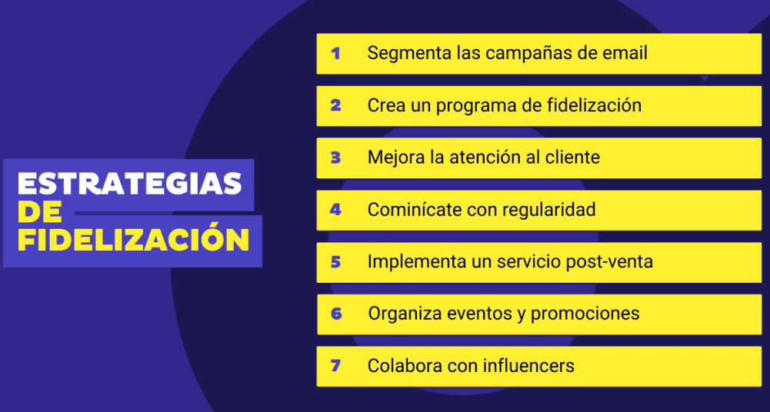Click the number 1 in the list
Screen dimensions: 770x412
pyautogui.click(x=335, y=53)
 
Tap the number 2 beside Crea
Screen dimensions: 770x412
pyautogui.click(x=335, y=105)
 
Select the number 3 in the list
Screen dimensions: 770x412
pyautogui.click(x=335, y=158)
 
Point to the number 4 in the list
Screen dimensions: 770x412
pyautogui.click(x=335, y=210)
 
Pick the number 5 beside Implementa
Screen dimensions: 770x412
pyautogui.click(x=335, y=262)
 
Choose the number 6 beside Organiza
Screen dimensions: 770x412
pyautogui.click(x=336, y=314)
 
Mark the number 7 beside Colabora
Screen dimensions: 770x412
pyautogui.click(x=335, y=366)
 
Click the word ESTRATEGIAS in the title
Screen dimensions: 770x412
pyautogui.click(x=130, y=184)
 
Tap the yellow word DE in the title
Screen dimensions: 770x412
pyautogui.click(x=40, y=212)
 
